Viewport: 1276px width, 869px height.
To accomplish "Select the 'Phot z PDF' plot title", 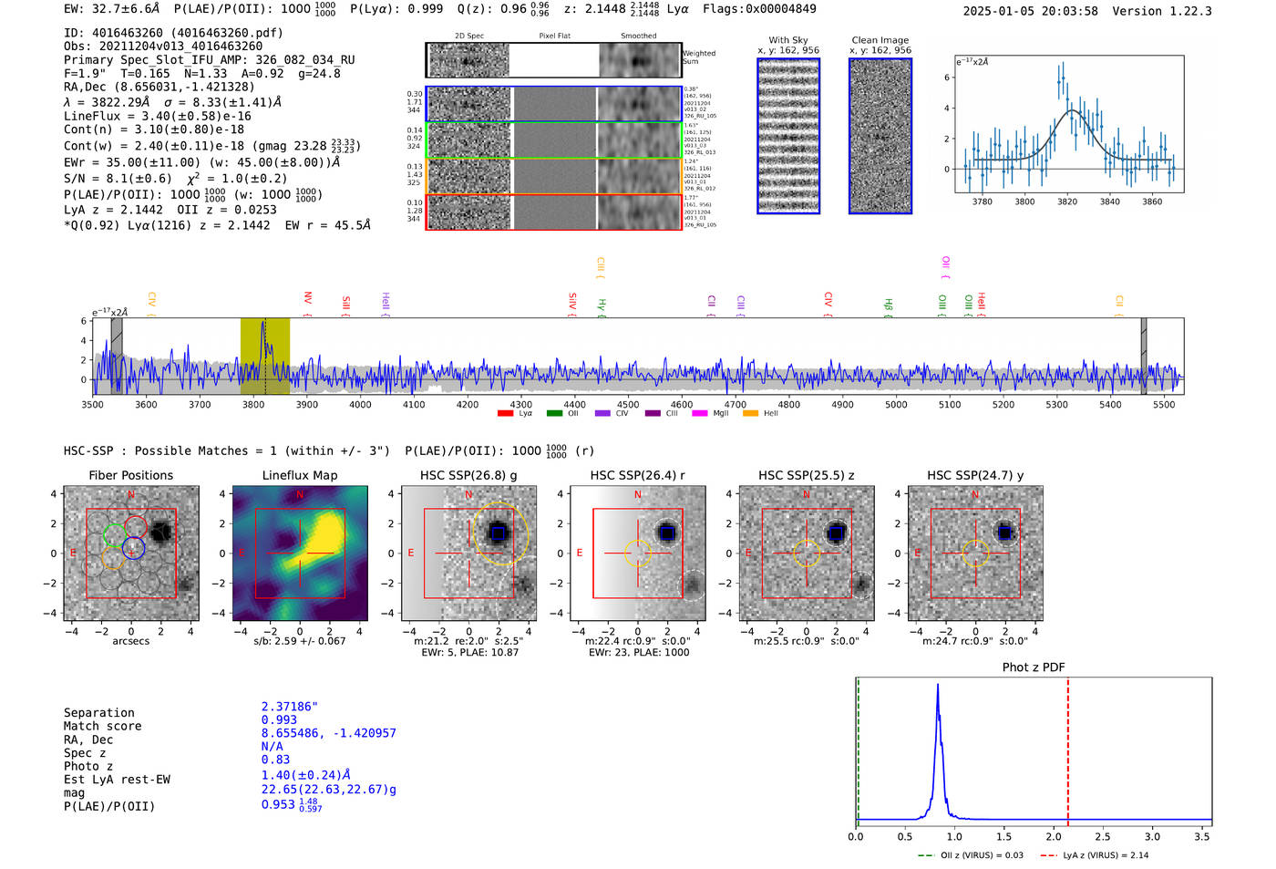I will click(1033, 667).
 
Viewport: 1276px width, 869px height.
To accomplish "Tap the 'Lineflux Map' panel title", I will click(299, 475).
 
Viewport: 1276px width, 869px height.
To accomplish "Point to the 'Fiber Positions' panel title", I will click(130, 475).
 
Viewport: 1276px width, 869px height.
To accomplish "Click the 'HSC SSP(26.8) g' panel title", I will click(468, 475).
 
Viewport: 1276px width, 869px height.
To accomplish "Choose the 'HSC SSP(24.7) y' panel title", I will click(975, 475).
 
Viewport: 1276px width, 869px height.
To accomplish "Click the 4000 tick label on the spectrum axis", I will click(360, 404).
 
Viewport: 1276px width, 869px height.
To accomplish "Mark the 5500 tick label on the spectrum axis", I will click(1164, 404).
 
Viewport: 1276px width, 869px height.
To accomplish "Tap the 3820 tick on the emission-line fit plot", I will click(1067, 202).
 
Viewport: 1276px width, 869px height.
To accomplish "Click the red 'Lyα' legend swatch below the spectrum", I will click(505, 414).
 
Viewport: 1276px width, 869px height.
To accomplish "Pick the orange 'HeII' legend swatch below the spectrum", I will click(750, 414).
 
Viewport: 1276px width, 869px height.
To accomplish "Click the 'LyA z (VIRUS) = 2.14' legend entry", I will click(1096, 855).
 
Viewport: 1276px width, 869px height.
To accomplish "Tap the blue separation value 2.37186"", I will click(289, 707).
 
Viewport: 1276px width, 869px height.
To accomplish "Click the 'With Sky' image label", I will click(788, 40).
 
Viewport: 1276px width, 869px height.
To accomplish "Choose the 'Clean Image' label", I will click(880, 40).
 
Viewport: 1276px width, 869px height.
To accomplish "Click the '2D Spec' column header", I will click(468, 36).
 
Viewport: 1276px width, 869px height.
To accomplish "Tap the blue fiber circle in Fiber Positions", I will click(133, 548).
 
